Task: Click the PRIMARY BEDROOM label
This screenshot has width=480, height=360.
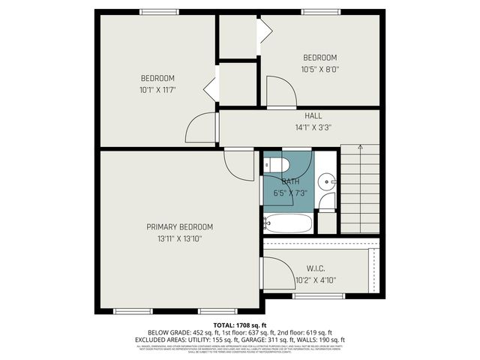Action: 180,226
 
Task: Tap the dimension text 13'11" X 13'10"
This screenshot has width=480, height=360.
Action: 180,238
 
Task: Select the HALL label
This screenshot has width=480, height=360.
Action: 313,115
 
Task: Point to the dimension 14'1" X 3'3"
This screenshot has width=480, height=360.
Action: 313,127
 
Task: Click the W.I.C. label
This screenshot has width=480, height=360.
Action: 316,268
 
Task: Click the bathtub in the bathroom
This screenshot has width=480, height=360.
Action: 281,223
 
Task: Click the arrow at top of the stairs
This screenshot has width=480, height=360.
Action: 360,145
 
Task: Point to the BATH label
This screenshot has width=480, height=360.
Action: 291,181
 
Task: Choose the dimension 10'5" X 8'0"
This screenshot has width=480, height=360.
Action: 320,70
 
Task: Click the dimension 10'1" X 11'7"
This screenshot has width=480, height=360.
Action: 157,91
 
